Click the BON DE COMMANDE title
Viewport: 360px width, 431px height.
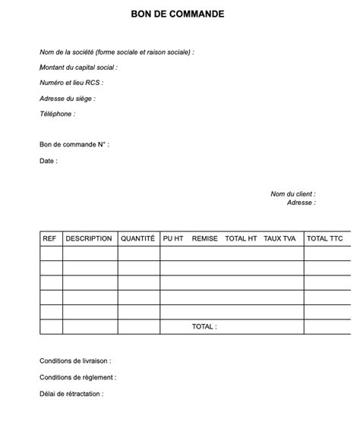tap(177, 14)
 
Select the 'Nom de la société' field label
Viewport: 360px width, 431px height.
tap(117, 52)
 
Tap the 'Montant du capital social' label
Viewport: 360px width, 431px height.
tap(78, 68)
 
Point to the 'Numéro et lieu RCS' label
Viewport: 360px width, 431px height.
tap(71, 83)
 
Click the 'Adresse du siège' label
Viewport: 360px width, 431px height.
tap(68, 99)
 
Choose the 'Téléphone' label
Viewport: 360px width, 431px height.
tap(57, 114)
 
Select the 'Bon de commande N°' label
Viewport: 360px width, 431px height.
tap(74, 144)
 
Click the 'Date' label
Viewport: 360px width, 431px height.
tap(49, 161)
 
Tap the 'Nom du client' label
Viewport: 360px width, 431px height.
tap(293, 194)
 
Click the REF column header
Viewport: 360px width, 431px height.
tap(49, 238)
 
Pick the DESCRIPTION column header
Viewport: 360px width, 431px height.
tap(89, 238)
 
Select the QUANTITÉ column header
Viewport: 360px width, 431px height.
tap(137, 238)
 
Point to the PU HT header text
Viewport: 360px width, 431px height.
tap(173, 238)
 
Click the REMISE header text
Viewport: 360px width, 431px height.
tap(205, 238)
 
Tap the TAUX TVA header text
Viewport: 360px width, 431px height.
tap(279, 238)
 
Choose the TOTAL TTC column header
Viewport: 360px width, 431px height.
tap(325, 238)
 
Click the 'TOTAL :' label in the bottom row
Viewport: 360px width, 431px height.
tap(204, 327)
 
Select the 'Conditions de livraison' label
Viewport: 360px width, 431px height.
tap(75, 361)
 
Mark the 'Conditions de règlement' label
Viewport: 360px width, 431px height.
tap(77, 377)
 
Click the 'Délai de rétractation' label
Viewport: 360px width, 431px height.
tap(71, 394)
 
